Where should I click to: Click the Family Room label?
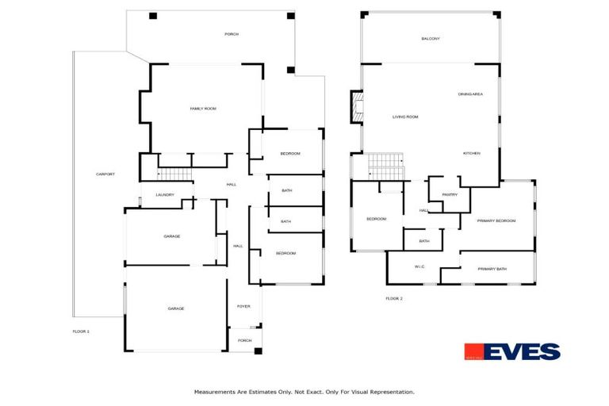click(x=203, y=109)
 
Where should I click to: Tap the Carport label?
click(x=105, y=174)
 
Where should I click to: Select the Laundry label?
click(x=165, y=194)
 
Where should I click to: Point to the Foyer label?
click(x=243, y=306)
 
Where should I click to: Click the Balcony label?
click(x=431, y=39)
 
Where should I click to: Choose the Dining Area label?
click(x=470, y=94)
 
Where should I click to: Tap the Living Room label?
click(x=405, y=117)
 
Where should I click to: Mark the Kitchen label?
click(x=473, y=153)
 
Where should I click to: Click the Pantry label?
click(x=450, y=194)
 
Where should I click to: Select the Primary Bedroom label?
click(x=496, y=221)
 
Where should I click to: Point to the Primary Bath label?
click(x=492, y=269)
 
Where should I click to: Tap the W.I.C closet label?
click(x=419, y=266)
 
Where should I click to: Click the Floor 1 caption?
click(x=81, y=331)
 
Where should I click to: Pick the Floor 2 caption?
click(x=394, y=298)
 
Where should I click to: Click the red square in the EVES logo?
click(x=474, y=351)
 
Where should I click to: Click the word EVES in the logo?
click(x=523, y=351)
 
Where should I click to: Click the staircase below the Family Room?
click(x=175, y=174)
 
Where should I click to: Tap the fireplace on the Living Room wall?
click(x=357, y=106)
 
